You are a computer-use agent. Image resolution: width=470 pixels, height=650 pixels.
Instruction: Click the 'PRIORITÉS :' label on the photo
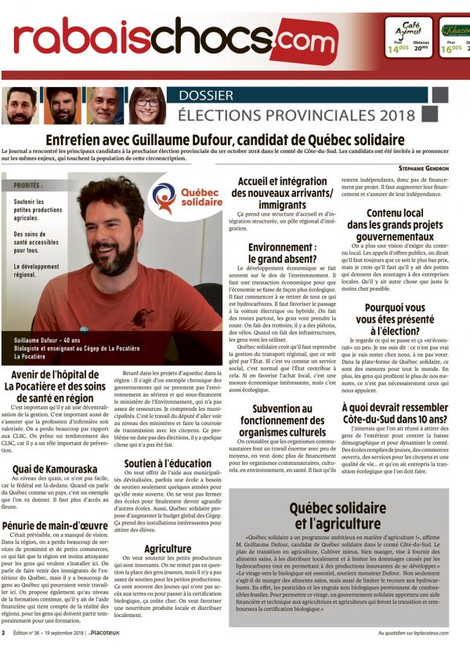(x=28, y=186)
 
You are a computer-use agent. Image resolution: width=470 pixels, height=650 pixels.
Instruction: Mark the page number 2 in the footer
(x=4, y=633)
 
